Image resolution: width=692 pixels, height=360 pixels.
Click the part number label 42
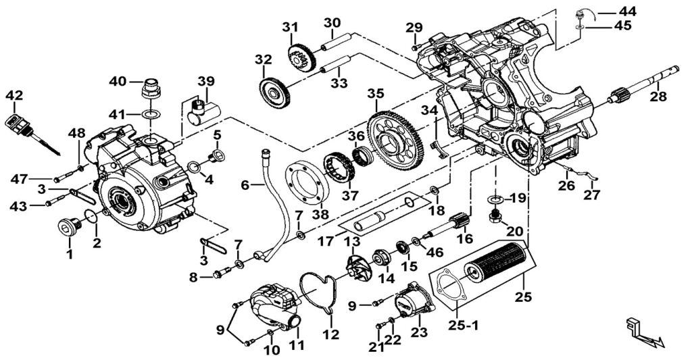[x=14, y=96]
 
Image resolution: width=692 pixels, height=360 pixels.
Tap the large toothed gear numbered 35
[x=395, y=138]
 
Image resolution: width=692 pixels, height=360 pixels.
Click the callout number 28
[x=658, y=97]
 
